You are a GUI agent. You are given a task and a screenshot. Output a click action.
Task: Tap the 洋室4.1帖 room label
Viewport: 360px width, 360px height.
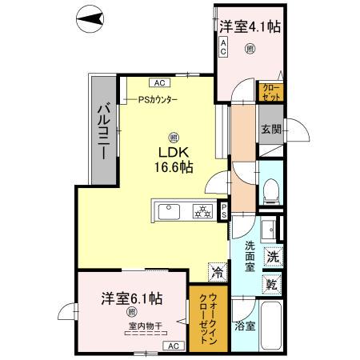coord(250,26)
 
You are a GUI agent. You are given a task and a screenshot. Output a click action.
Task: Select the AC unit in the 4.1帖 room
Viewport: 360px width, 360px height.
coord(223,48)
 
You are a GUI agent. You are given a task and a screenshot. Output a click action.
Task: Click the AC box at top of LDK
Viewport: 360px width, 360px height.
coord(158,82)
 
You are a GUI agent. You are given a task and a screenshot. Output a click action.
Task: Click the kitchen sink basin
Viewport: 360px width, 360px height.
coord(170,212)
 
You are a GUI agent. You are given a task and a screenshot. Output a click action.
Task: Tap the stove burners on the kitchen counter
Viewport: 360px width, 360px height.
coord(203,212)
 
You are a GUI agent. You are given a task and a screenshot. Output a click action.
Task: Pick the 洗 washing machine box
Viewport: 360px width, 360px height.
coord(272,258)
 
